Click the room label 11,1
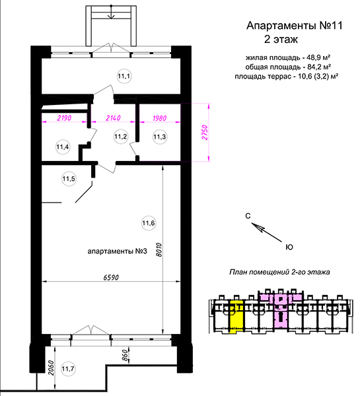[124, 76]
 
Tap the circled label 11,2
[121, 137]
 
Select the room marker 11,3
[159, 137]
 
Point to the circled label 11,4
[63, 147]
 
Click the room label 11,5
[69, 179]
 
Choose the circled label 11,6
[149, 223]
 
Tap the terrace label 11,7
[68, 369]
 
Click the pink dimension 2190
[64, 118]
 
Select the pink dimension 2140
[113, 118]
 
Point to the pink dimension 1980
[159, 118]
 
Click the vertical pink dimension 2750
[205, 133]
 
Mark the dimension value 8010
[159, 250]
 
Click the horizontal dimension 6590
[111, 278]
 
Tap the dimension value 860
[125, 356]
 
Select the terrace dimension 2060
[51, 368]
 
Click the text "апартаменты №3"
[118, 251]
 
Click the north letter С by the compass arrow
[248, 216]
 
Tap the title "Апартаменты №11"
[295, 26]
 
